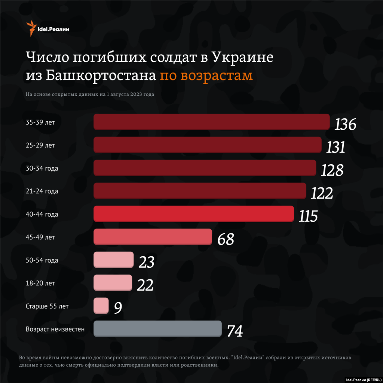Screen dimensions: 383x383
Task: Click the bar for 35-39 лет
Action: (211, 122)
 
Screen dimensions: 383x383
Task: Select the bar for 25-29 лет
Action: (207, 145)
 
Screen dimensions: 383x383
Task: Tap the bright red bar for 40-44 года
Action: (193, 214)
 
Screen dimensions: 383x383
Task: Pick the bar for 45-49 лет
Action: (153, 237)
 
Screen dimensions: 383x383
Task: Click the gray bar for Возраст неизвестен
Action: (157, 328)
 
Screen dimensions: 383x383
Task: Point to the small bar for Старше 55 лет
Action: (101, 305)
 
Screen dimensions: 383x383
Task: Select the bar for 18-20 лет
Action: (113, 283)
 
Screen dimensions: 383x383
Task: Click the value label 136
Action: (345, 125)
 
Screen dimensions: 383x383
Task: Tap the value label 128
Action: (332, 170)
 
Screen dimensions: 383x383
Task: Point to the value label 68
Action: (226, 239)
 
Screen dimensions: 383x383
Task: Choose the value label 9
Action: (118, 308)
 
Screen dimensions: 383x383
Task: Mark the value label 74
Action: (235, 331)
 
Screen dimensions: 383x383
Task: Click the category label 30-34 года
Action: (42, 168)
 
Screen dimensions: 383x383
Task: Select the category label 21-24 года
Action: (42, 191)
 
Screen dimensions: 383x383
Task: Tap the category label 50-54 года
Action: (42, 260)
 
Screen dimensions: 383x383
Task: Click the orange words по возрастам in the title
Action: (206, 75)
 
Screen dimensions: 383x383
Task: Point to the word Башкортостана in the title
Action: (101, 75)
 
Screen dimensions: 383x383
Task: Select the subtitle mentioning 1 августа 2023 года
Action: (90, 94)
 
